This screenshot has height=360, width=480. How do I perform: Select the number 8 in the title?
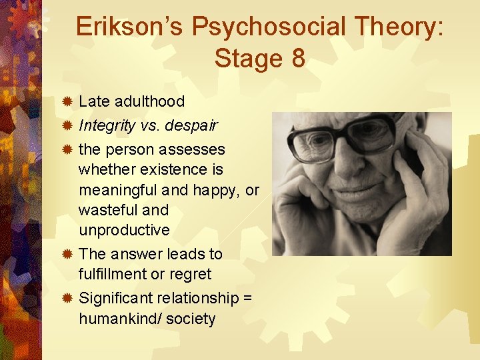coord(297,59)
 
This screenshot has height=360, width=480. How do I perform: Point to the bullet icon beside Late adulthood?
coord(67,102)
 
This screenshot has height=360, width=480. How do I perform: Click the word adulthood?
coord(149,101)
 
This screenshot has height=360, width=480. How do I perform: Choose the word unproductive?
coord(124,230)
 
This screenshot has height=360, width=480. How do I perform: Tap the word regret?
coord(191,274)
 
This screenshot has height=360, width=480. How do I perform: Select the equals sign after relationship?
coord(247,298)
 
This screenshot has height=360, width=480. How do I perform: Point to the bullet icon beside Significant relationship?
coord(67,298)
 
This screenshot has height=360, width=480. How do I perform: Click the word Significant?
coord(116,298)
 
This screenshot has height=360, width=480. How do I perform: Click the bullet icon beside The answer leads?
coord(67,254)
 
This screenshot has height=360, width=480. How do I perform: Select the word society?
coord(191,319)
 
